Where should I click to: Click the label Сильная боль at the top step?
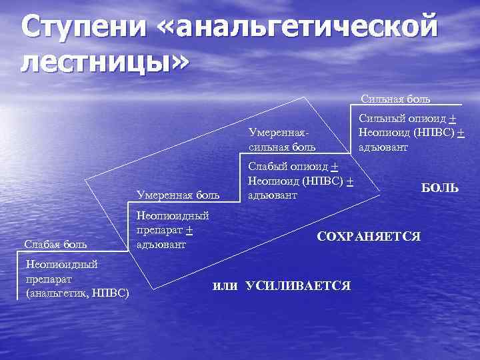395,99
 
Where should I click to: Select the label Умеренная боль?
177,195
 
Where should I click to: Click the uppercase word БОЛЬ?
439,189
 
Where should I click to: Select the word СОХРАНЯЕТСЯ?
369,236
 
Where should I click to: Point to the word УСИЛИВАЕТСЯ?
298,286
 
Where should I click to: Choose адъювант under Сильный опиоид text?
383,147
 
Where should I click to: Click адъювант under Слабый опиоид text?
272,195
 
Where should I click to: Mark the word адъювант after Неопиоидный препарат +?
160,244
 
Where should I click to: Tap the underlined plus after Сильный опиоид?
452,119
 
